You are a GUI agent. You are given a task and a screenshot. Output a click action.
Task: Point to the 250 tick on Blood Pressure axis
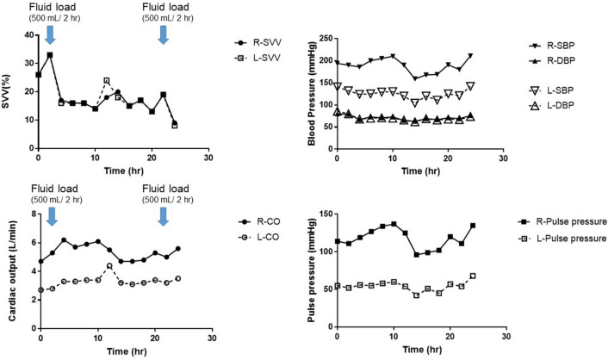coord(324,38)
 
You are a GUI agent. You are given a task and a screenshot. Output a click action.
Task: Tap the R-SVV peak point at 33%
coord(50,55)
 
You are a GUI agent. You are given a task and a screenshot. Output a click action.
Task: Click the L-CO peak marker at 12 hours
coord(109,265)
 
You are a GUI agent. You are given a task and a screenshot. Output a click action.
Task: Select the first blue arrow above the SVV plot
coord(50,34)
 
